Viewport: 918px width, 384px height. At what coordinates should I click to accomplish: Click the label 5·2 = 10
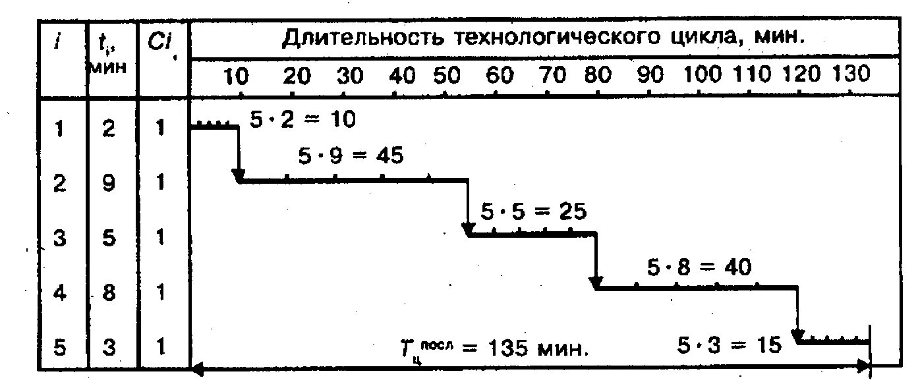pyautogui.click(x=302, y=119)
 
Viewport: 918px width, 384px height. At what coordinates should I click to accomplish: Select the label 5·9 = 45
pyautogui.click(x=351, y=156)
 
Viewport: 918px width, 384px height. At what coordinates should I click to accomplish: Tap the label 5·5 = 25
pyautogui.click(x=533, y=211)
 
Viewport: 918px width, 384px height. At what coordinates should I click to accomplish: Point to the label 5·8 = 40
pyautogui.click(x=699, y=267)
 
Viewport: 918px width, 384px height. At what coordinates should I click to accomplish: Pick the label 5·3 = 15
pyautogui.click(x=730, y=344)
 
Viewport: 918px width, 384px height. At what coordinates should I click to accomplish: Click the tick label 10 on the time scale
pyautogui.click(x=235, y=76)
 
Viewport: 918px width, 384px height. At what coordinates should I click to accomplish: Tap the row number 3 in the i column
pyautogui.click(x=60, y=238)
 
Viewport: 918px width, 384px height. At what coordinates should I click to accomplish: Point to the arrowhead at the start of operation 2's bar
pyautogui.click(x=239, y=175)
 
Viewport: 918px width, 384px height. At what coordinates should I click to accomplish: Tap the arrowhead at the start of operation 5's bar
pyautogui.click(x=799, y=338)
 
